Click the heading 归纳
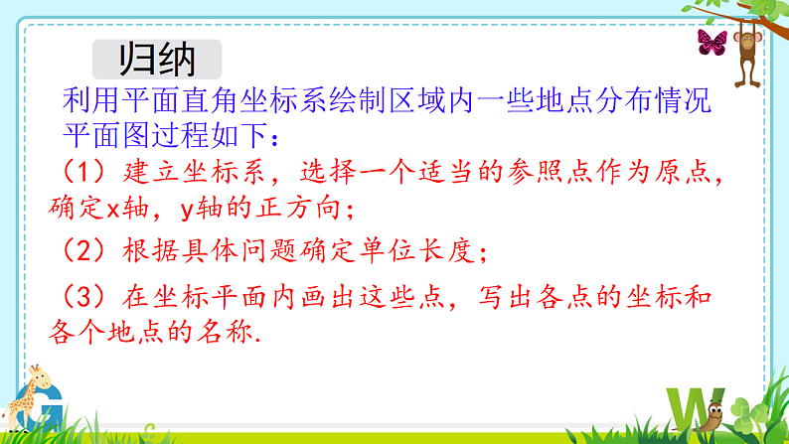pos(157,59)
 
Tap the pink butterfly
pos(711,43)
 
